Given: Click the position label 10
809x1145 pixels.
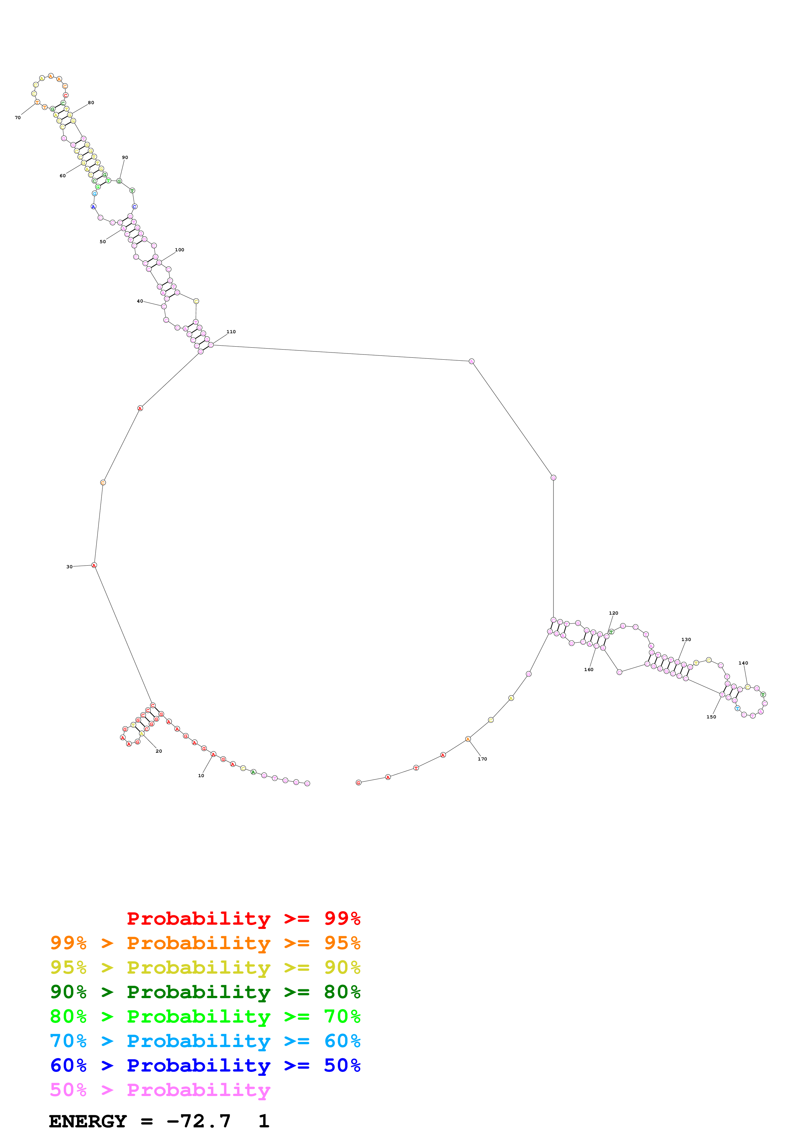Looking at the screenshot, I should coord(201,776).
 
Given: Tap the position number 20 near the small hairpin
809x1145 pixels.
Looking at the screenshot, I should coord(159,751).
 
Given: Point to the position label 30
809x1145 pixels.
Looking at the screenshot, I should coord(69,567).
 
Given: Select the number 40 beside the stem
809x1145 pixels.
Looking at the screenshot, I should coord(140,301).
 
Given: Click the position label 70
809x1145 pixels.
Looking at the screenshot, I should coord(17,118).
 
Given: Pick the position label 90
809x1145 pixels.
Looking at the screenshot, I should coord(125,158).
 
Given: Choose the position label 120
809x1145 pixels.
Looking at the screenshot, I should coord(613,613).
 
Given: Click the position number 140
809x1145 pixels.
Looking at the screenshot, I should coord(743,663).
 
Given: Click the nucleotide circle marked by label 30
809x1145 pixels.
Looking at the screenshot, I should coord(94,565).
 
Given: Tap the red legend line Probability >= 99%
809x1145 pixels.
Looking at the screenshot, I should coord(243,918).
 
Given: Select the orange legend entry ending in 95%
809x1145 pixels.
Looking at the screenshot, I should coord(205,943).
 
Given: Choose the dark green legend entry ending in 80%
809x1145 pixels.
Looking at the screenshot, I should coord(205,992).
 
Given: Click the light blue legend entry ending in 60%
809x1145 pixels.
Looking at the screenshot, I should coord(205,1041).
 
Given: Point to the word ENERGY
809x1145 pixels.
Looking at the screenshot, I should coord(88,1121).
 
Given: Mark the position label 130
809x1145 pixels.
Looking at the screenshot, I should coord(686,639).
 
